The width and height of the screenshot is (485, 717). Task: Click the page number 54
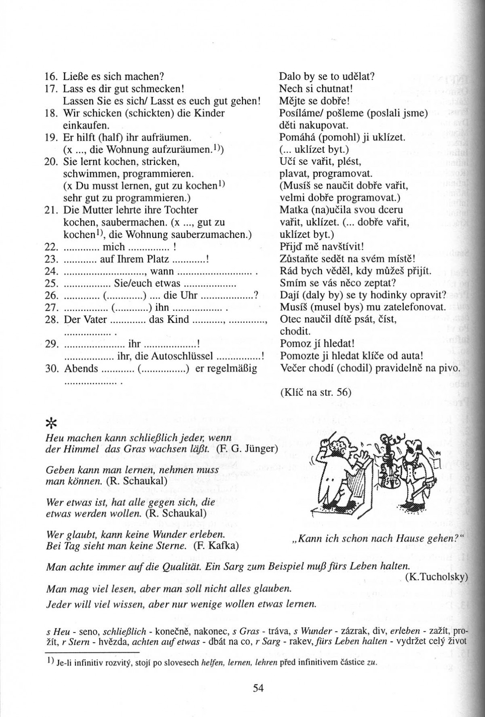click(258, 687)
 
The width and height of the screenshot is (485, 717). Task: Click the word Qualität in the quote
click(180, 566)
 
